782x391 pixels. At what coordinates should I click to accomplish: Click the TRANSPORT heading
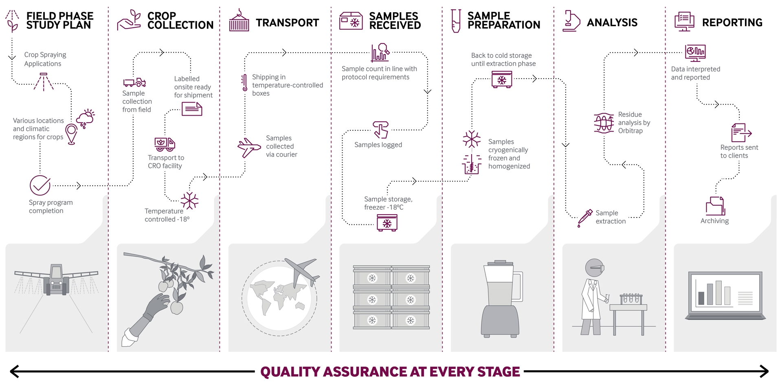coord(287,23)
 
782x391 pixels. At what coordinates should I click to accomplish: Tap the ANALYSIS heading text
coord(612,23)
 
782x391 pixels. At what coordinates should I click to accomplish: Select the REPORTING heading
coord(732,23)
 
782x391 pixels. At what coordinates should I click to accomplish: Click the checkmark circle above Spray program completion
coord(40,186)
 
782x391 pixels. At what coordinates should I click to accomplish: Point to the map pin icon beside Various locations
coord(71,134)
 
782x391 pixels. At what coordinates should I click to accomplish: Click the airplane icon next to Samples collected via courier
coord(248,147)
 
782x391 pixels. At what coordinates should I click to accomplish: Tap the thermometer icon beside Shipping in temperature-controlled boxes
coord(244,83)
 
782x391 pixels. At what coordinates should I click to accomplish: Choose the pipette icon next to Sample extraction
coord(585,218)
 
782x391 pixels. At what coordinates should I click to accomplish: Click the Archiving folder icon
coord(715,206)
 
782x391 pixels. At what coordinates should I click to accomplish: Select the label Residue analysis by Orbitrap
coord(634,123)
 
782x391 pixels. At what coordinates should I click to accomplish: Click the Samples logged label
coord(378,145)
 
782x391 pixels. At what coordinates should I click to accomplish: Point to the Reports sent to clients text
coord(739,152)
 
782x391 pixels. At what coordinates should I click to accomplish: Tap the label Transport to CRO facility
coord(166,162)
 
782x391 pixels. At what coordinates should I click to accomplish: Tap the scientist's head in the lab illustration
coord(594,268)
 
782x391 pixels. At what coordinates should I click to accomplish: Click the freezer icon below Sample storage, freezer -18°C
coord(387,223)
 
